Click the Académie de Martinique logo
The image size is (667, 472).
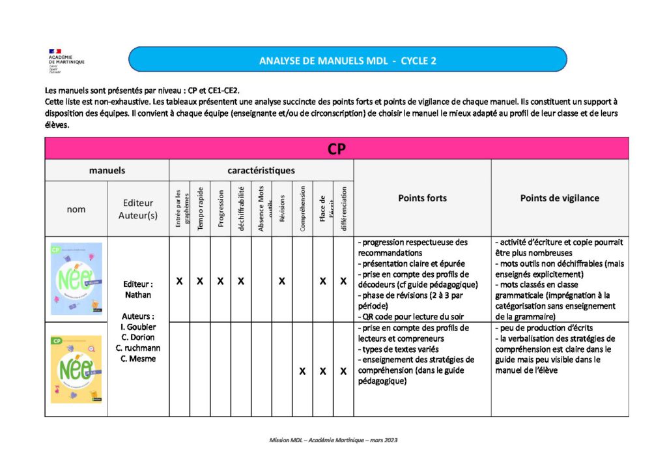[x=66, y=60]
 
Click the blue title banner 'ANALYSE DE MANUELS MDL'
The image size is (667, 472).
[x=347, y=60]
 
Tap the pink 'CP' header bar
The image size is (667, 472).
[x=336, y=149]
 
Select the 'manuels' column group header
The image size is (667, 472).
[x=107, y=171]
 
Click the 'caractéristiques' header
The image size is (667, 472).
[x=261, y=171]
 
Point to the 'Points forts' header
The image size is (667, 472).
[x=422, y=198]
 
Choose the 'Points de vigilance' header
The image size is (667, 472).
[x=560, y=198]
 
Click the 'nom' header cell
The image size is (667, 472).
[x=76, y=209]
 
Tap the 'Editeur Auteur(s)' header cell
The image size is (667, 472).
[x=138, y=209]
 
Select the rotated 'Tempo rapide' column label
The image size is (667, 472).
[x=200, y=209]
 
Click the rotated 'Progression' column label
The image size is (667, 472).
[x=221, y=209]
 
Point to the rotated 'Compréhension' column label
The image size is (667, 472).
[x=302, y=209]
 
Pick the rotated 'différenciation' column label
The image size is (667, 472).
[x=343, y=209]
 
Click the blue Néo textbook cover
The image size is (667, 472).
[x=76, y=278]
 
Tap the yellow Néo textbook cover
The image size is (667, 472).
[x=76, y=369]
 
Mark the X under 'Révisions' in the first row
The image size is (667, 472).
[x=281, y=281]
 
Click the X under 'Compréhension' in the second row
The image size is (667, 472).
[x=302, y=371]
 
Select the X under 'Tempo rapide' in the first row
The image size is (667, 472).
[x=200, y=281]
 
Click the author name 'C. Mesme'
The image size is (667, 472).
[x=138, y=359]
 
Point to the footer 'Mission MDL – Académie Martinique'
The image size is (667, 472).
[x=333, y=440]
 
